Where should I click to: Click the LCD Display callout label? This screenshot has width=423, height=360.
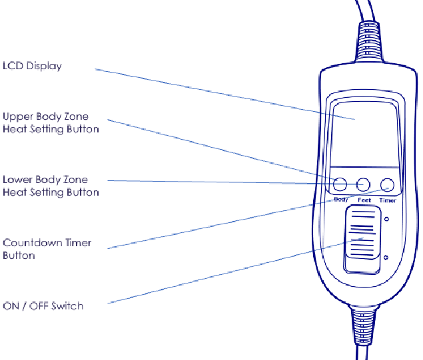pos(32,66)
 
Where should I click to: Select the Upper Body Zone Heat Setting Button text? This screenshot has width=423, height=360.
pos(51,122)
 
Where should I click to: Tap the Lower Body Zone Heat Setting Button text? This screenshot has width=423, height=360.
pos(51,186)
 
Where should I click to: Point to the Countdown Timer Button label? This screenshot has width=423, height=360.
pos(47,249)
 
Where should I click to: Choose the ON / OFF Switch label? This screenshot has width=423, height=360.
pos(43,305)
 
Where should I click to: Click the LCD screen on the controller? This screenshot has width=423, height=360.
pos(365,133)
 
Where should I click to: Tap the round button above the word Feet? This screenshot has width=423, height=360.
pos(364,184)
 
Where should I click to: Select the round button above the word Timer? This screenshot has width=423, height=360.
pos(387,184)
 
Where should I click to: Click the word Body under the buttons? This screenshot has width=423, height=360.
pos(340,200)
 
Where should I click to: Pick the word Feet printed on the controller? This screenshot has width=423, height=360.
pos(364,200)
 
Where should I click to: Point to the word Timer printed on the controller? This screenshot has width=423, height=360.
pos(388,200)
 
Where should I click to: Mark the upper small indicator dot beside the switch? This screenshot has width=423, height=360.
pos(387,218)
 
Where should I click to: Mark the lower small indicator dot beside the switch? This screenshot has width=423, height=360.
pos(386,257)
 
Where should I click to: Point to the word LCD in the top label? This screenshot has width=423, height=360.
pos(13,66)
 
